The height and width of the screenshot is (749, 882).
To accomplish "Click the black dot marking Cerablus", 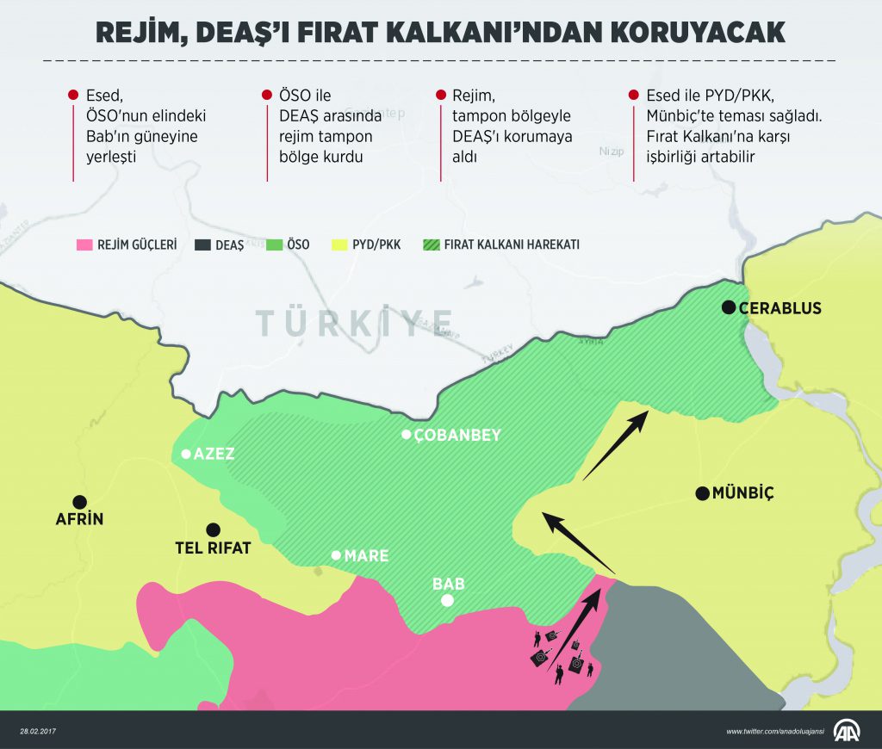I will point(729,307).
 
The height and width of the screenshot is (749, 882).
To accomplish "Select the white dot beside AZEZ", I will point(185,454).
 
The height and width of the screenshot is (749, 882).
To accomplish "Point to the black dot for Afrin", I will point(79,501).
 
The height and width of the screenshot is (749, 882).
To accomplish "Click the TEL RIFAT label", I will point(213,548).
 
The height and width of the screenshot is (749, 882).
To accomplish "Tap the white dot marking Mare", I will point(336,555).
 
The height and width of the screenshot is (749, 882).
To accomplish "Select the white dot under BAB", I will point(447,601).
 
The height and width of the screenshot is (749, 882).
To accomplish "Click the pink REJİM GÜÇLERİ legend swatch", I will point(84,245).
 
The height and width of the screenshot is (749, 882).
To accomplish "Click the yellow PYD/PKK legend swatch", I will point(340,245).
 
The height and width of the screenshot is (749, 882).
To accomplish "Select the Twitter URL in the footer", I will point(775,731).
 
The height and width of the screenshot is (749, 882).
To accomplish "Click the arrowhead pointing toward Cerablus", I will point(642,418).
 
